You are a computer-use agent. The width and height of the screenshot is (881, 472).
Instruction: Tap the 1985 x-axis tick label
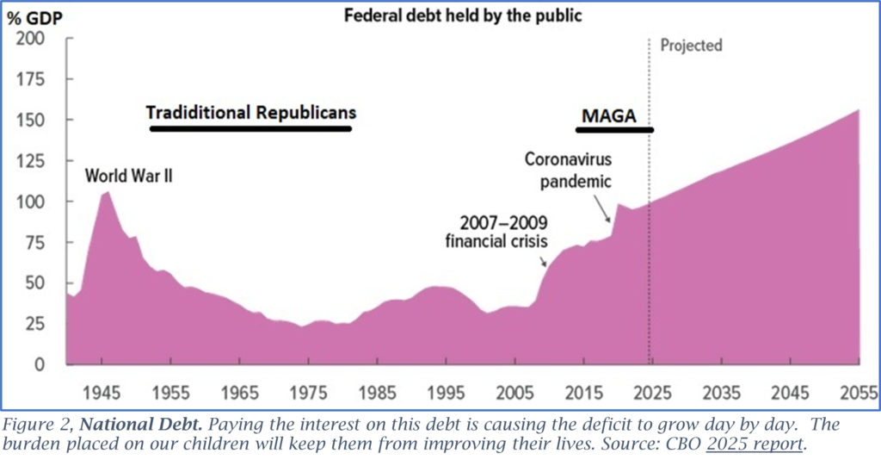point(376,393)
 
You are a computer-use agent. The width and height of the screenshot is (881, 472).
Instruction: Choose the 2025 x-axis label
point(650,393)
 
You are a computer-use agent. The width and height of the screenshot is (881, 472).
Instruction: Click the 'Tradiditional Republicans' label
point(251,113)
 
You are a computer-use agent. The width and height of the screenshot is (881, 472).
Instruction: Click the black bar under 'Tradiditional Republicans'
point(251,129)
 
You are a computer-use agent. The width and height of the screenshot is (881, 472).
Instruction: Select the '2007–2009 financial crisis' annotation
point(496,231)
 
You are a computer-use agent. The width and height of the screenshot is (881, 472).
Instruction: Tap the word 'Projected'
point(691,45)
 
